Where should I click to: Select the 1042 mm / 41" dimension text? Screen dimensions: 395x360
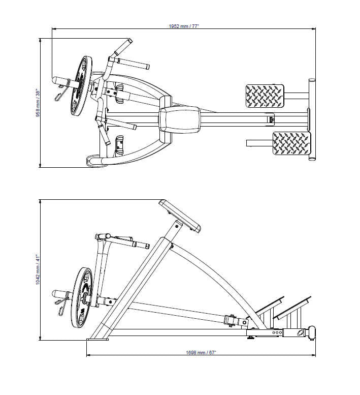click(x=37, y=269)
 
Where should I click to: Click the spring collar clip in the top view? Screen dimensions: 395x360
click(x=61, y=95)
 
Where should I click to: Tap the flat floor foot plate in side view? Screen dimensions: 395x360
click(x=97, y=339)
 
